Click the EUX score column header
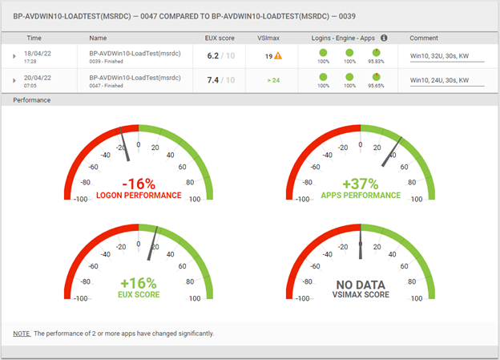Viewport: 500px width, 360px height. pyautogui.click(x=220, y=38)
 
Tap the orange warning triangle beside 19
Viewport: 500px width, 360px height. pyautogui.click(x=277, y=56)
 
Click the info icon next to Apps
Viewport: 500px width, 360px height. pyautogui.click(x=384, y=38)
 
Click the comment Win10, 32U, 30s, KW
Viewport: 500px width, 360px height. pyautogui.click(x=438, y=56)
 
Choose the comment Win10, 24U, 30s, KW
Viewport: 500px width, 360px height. pyautogui.click(x=438, y=80)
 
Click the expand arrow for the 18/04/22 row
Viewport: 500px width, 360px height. pyautogui.click(x=14, y=56)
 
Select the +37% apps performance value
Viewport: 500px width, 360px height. pyautogui.click(x=361, y=183)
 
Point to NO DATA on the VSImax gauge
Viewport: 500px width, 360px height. pyautogui.click(x=361, y=284)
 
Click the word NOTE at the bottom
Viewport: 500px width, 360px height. pyautogui.click(x=22, y=333)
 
